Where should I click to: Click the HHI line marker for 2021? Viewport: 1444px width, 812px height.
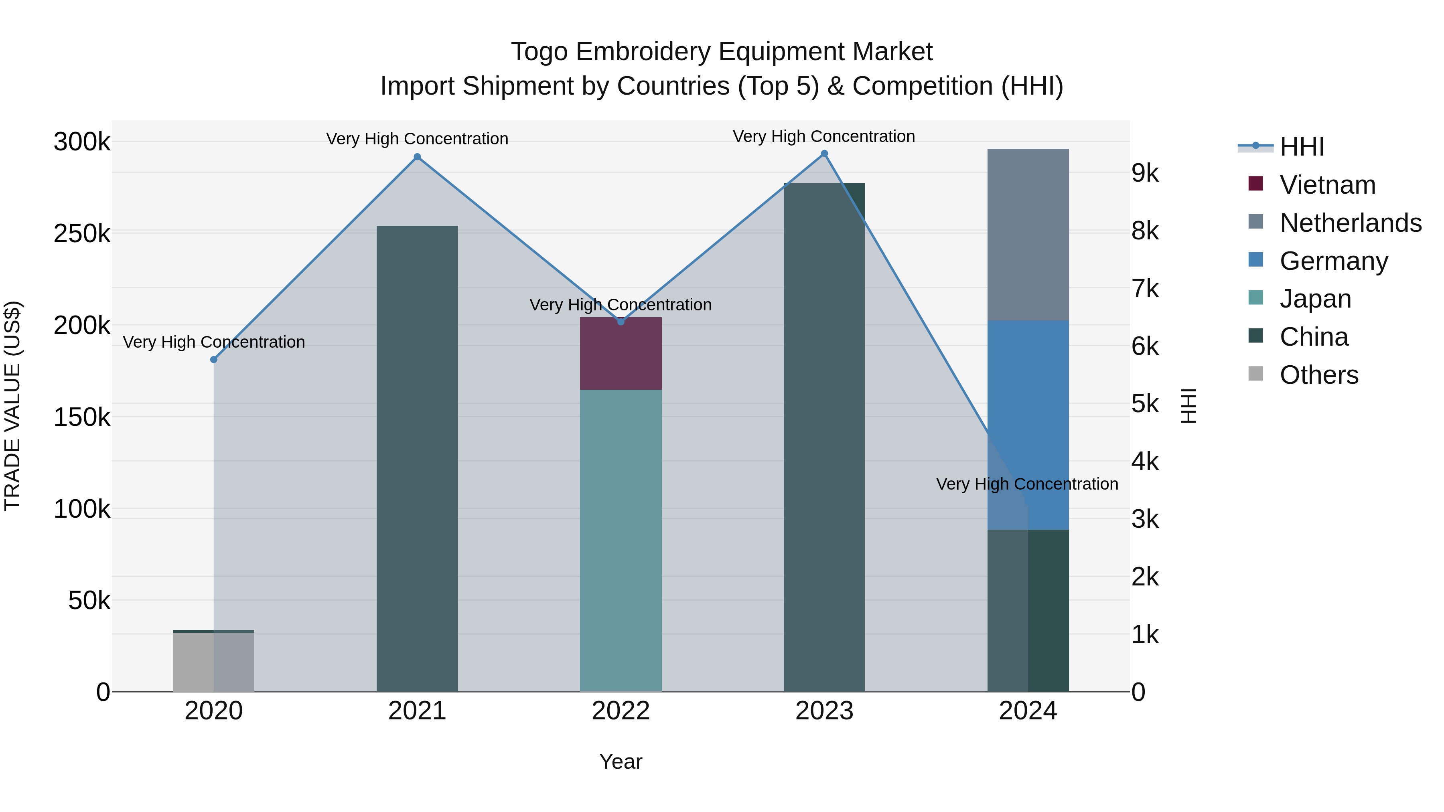[417, 157]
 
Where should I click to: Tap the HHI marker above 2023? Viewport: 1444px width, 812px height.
[824, 154]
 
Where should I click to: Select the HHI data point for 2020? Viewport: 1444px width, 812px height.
[213, 359]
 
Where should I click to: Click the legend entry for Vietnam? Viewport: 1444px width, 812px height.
[1327, 185]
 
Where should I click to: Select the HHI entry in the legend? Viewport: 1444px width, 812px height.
[1302, 147]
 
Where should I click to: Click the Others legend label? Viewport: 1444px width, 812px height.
[1319, 375]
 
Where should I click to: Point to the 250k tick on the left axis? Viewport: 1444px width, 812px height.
[82, 234]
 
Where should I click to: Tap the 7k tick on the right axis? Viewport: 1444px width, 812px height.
[1145, 289]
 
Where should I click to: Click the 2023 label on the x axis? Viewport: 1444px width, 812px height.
[824, 711]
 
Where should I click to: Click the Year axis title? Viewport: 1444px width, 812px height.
[621, 761]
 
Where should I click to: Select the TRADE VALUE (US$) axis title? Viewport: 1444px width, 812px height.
[12, 406]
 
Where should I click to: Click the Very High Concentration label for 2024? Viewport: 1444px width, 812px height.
[1027, 484]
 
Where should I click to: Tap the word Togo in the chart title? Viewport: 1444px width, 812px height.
[540, 52]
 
